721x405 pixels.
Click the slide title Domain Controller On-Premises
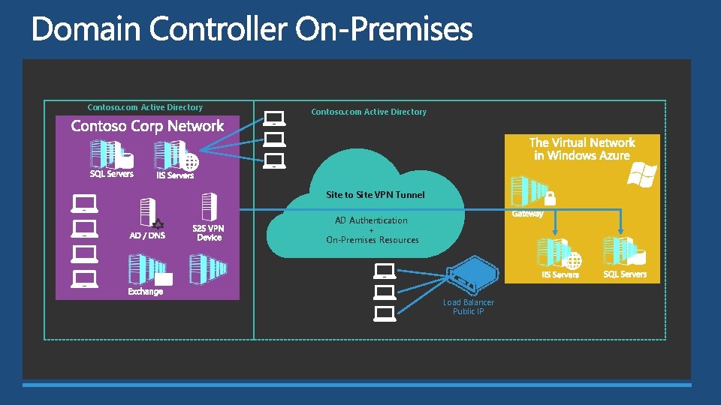[x=252, y=30]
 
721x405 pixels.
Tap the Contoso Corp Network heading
[x=147, y=126]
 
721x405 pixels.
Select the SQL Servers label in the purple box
[x=112, y=174]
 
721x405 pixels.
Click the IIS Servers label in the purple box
[x=175, y=175]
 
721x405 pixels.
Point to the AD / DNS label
[x=147, y=235]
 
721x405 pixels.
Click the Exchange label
[x=145, y=291]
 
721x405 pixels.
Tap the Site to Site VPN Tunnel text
[x=375, y=195]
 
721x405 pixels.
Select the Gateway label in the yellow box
[x=527, y=214]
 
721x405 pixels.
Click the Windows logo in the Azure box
[x=642, y=175]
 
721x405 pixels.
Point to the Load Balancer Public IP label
[x=469, y=307]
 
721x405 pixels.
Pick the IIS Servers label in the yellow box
[x=560, y=274]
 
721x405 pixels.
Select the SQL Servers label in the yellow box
[x=625, y=274]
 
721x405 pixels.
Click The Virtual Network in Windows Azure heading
[x=582, y=148]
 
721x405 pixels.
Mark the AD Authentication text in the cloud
[x=371, y=220]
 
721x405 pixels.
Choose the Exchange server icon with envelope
[x=149, y=270]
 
